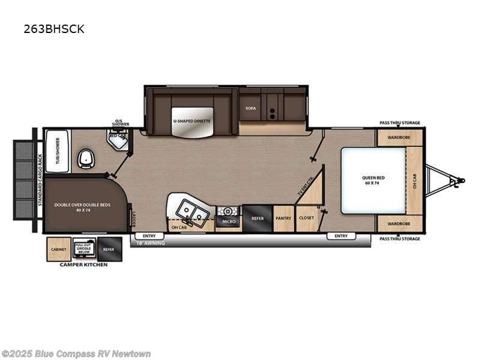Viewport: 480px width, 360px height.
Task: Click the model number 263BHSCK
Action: pyautogui.click(x=54, y=29)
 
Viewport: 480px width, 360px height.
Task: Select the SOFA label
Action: pyautogui.click(x=251, y=108)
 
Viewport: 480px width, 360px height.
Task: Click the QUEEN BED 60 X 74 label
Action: pyautogui.click(x=373, y=180)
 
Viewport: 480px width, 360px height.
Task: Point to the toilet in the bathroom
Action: pyautogui.click(x=85, y=158)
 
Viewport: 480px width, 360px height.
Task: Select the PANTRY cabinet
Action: pyautogui.click(x=283, y=219)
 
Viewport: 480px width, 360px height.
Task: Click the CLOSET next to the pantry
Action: pyautogui.click(x=306, y=219)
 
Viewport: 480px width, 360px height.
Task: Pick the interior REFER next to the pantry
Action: pyautogui.click(x=257, y=219)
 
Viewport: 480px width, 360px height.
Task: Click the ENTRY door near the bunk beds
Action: pyautogui.click(x=149, y=236)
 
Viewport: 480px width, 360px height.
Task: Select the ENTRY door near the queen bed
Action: pyautogui.click(x=341, y=236)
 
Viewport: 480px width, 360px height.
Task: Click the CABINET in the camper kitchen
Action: pyautogui.click(x=59, y=249)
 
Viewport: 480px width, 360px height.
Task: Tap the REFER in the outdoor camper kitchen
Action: pyautogui.click(x=109, y=249)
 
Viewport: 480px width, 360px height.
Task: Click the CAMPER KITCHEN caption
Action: pyautogui.click(x=83, y=265)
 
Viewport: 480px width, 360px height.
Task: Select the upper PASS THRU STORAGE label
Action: pyautogui.click(x=400, y=122)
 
